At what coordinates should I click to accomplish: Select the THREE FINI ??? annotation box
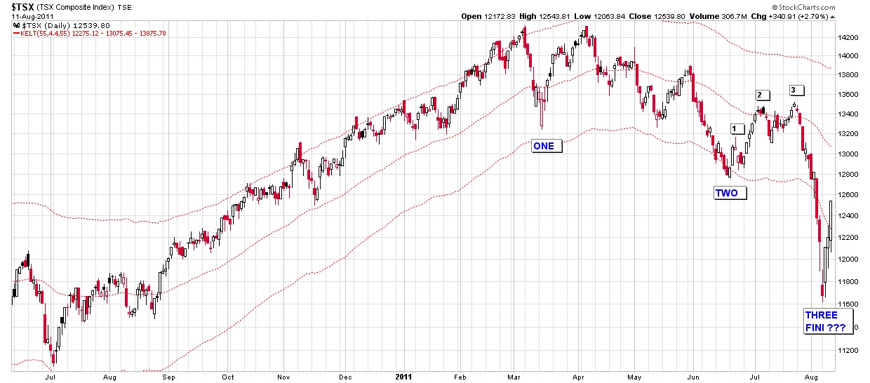pos(825,322)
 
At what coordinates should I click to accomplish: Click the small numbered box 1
pos(736,129)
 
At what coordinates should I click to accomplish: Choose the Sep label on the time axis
pos(168,377)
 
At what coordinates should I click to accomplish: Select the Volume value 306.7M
pos(763,16)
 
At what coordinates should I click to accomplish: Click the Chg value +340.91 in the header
pos(807,16)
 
